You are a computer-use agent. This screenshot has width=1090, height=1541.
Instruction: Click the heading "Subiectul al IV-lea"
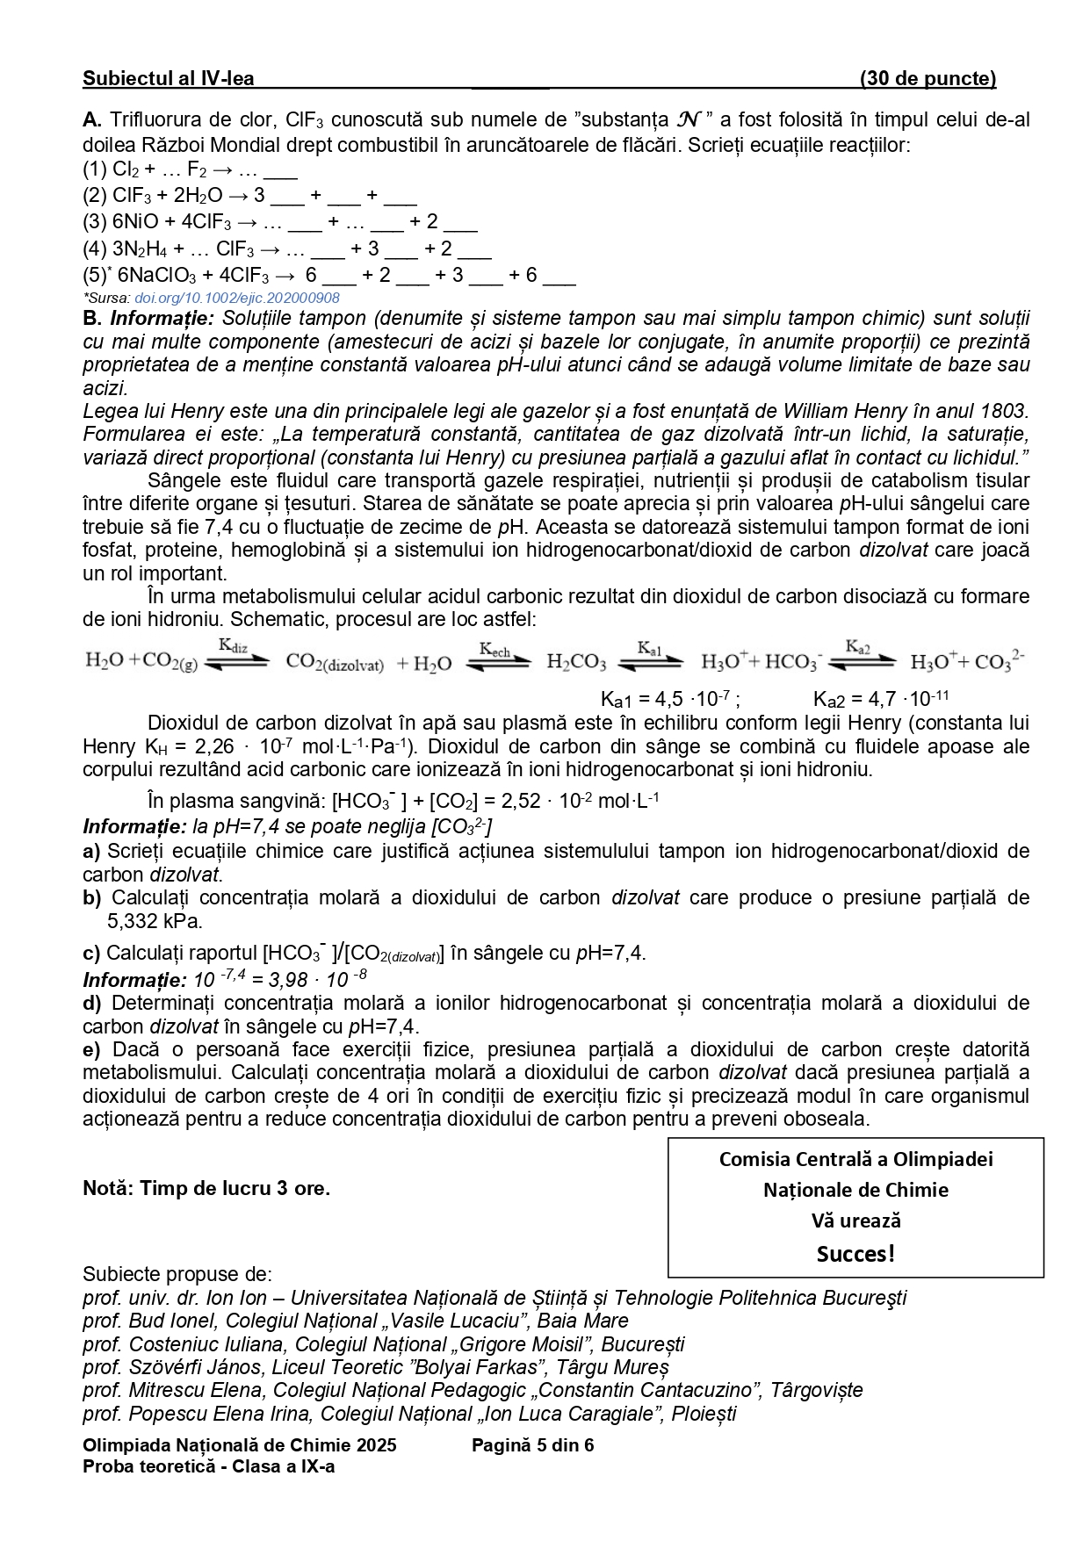[168, 79]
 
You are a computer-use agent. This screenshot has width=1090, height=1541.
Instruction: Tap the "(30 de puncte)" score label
[928, 79]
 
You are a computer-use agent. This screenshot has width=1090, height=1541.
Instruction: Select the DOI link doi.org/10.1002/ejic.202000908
[236, 298]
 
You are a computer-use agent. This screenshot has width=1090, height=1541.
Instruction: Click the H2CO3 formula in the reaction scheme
[576, 662]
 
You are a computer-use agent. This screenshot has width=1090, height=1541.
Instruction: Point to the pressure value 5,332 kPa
[155, 921]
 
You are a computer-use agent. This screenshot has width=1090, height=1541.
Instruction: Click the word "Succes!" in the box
[855, 1253]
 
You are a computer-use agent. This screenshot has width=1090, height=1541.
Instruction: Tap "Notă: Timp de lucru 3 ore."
[206, 1188]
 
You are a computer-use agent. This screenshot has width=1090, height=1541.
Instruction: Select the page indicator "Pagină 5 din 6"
[532, 1445]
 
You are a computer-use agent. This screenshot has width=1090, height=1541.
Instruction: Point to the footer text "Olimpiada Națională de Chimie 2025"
[239, 1445]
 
